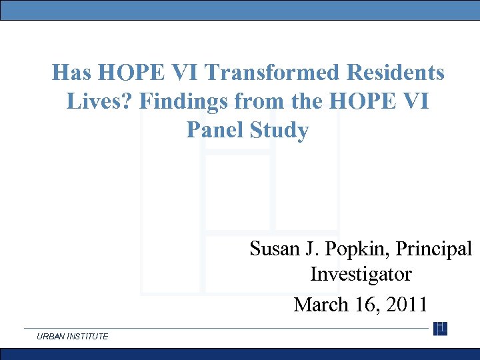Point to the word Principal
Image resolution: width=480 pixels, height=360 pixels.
[x=434, y=249]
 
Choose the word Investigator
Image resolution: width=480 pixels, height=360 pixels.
[x=361, y=274]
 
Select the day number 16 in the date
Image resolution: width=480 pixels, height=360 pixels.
[x=365, y=305]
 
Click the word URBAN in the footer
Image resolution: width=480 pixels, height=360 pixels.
[x=51, y=337]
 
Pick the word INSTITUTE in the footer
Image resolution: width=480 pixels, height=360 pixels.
[x=87, y=337]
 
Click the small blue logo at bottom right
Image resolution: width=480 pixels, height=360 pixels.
[x=440, y=328]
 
